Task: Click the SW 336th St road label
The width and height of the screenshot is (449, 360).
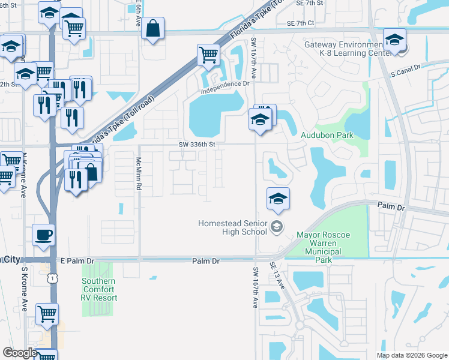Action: pos(197,144)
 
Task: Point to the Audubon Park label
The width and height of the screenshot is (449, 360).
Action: pos(327,136)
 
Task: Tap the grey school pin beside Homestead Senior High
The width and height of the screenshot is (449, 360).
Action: pos(277,227)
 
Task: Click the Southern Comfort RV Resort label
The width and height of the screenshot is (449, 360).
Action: pos(100,289)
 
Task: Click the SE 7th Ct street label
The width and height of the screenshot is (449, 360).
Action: pos(301,23)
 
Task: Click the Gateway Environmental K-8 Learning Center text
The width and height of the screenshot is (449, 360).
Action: pos(343,49)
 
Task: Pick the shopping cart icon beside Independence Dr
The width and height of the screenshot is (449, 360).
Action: pos(208,55)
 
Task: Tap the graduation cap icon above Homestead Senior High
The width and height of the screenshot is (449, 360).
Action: pos(278,198)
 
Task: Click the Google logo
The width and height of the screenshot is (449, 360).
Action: pos(20,353)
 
